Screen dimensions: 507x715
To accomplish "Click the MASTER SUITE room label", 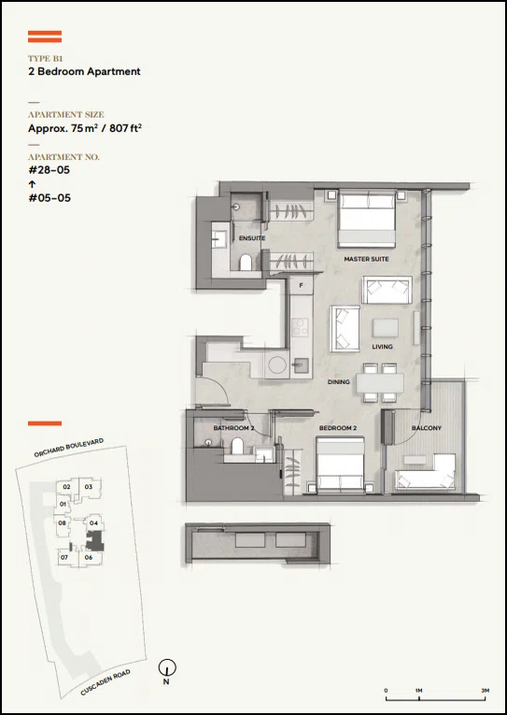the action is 366,259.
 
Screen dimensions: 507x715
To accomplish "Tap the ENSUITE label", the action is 252,238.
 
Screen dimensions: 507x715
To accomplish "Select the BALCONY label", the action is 427,428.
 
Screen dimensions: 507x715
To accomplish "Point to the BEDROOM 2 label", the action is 338,428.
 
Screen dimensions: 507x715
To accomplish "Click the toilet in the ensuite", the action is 246,263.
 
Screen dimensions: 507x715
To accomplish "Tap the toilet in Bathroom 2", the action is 237,446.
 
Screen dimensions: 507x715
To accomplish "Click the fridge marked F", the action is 301,285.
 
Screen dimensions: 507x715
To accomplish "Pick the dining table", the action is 380,383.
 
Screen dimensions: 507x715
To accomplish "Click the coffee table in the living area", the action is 386,327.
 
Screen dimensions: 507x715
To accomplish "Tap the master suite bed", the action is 367,219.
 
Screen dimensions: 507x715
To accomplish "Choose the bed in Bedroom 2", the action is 340,465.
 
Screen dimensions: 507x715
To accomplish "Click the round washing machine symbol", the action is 277,365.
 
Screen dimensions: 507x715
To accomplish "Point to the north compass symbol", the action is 167,668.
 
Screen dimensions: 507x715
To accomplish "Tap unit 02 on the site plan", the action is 66,487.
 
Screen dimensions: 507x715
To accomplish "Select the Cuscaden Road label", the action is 106,682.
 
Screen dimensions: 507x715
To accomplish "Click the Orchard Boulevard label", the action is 69,448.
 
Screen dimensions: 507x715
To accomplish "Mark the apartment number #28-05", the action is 49,170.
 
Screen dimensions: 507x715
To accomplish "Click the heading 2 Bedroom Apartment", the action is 84,72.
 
